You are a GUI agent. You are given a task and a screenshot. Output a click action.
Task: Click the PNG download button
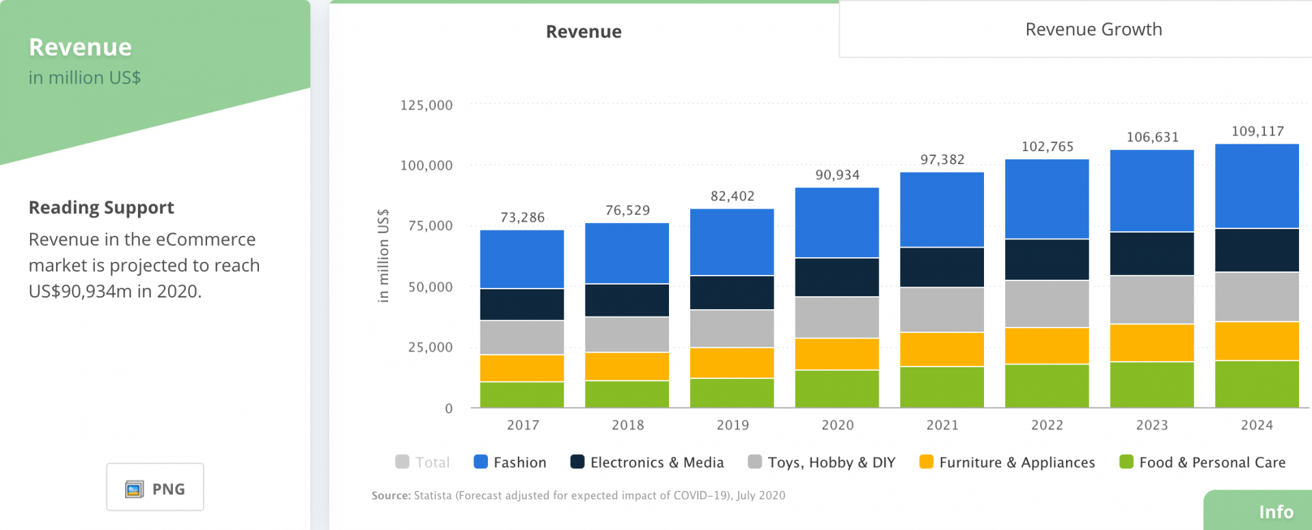[155, 488]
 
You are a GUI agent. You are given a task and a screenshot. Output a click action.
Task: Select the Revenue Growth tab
[1093, 29]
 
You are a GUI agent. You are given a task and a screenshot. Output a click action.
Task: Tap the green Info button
[1275, 512]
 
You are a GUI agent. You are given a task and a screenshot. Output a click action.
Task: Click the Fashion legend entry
[510, 462]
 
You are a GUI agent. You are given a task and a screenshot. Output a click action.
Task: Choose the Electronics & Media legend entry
[646, 462]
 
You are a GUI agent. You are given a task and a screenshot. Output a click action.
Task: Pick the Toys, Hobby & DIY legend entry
[821, 462]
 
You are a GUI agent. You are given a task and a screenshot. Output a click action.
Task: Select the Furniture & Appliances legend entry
[1007, 462]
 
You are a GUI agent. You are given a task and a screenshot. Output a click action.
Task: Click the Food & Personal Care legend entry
[1202, 462]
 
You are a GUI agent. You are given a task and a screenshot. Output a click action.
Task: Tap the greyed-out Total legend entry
[423, 462]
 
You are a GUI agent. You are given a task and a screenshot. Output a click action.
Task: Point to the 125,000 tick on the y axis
[426, 105]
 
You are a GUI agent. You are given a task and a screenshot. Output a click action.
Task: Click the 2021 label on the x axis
[942, 425]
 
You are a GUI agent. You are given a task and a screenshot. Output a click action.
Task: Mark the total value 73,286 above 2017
[522, 217]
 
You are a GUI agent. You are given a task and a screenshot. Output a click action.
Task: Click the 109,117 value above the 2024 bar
[1257, 131]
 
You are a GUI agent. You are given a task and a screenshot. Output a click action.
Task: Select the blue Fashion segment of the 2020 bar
[836, 222]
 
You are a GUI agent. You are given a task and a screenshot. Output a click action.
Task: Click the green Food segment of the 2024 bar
[1256, 384]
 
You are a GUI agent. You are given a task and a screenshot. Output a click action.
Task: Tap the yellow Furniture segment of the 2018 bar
[627, 367]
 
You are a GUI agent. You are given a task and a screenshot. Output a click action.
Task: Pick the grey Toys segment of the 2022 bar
[1046, 304]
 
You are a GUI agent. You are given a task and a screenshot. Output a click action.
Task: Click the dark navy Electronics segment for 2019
[732, 293]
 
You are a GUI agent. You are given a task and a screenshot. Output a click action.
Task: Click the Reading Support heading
[101, 207]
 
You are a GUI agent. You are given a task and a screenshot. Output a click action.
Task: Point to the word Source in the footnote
[391, 495]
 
